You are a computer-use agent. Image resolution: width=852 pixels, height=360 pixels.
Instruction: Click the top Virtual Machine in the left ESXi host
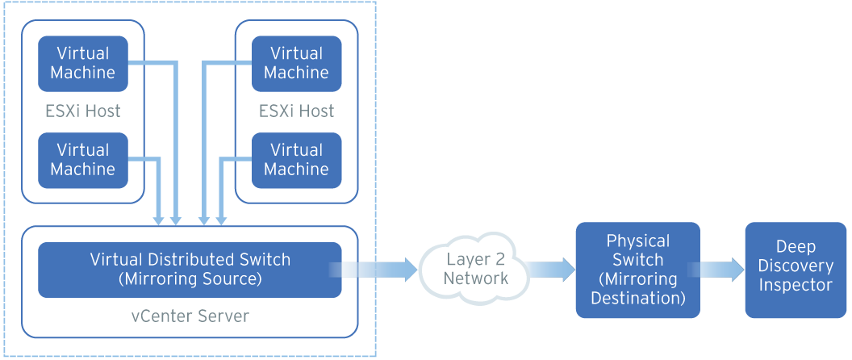[x=83, y=63]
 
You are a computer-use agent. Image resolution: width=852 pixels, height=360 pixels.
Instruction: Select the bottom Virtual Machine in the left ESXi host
[x=83, y=160]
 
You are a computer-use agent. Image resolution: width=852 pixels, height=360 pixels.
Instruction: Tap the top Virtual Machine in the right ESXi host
[x=296, y=63]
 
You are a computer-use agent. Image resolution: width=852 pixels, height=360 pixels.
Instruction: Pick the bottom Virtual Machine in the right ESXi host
[x=296, y=160]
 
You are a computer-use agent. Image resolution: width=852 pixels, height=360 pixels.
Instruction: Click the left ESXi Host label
[x=83, y=111]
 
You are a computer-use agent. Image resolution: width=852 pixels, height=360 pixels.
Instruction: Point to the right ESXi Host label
[x=296, y=111]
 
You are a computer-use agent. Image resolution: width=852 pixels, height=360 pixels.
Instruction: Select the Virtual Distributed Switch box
[x=190, y=270]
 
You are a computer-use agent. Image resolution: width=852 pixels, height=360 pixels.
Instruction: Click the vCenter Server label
[x=190, y=316]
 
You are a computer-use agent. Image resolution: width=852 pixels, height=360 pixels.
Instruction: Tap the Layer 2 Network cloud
[x=475, y=269]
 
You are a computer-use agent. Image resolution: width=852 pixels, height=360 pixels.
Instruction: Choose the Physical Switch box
[x=637, y=270]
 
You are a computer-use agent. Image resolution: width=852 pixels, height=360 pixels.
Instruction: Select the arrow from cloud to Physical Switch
[x=553, y=270]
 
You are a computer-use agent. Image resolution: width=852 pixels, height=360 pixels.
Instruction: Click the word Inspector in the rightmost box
[x=796, y=285]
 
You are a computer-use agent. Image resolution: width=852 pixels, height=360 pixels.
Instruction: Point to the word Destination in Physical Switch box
[x=637, y=298]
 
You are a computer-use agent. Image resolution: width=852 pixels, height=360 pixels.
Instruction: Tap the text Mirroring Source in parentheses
[x=190, y=279]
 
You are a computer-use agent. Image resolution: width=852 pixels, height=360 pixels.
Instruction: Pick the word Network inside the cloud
[x=476, y=278]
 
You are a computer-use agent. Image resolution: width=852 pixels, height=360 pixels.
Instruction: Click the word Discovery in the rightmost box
[x=796, y=266]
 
